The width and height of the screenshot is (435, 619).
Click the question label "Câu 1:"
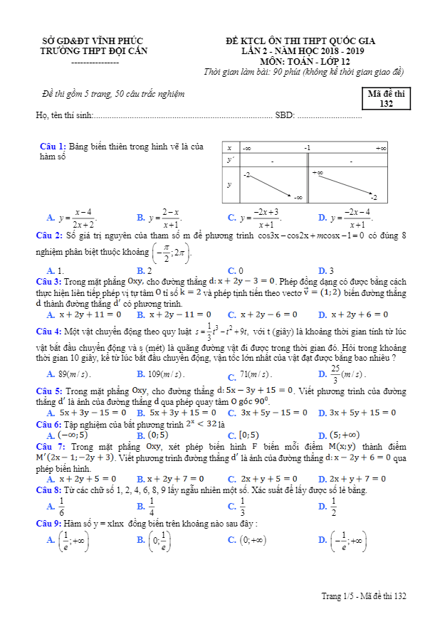point(53,147)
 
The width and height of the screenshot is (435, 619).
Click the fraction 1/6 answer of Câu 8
point(61,507)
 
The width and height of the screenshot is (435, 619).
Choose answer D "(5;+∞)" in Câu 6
point(345,435)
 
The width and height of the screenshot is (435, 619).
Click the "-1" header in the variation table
point(307,148)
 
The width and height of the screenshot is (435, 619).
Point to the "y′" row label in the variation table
point(230,162)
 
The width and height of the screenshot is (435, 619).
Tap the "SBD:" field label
point(285,115)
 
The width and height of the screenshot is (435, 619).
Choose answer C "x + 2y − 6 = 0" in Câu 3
point(272,314)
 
